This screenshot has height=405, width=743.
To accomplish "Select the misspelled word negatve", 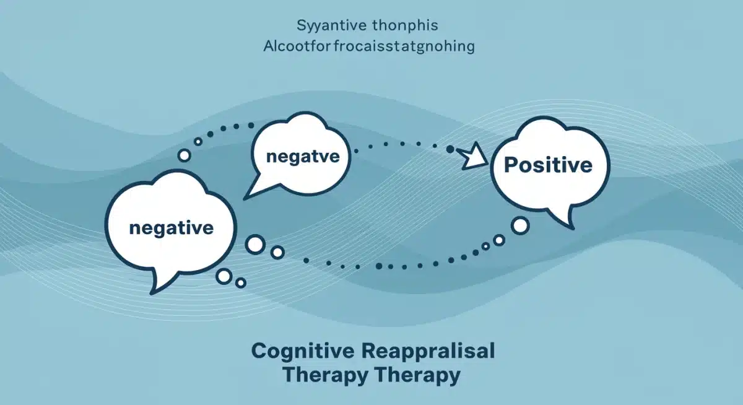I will point(302,157).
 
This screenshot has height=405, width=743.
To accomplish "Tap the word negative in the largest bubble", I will point(171,227).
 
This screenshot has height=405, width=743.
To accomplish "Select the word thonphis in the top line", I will point(406,27).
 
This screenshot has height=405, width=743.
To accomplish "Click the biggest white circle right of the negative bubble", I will point(254,244).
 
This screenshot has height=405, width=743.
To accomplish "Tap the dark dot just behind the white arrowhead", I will point(451,149).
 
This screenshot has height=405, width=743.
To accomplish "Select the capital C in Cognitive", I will point(259,351).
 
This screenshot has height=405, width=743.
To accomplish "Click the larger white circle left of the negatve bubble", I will point(185,155).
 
